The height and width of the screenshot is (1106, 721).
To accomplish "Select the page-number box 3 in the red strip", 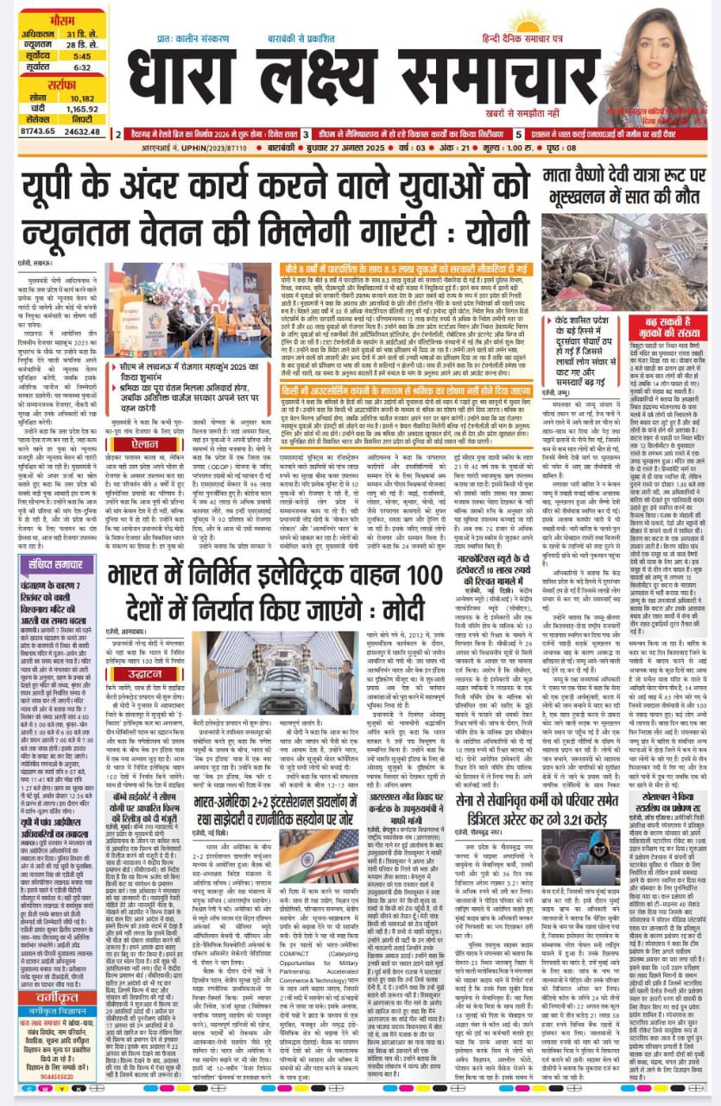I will click(306, 135).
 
